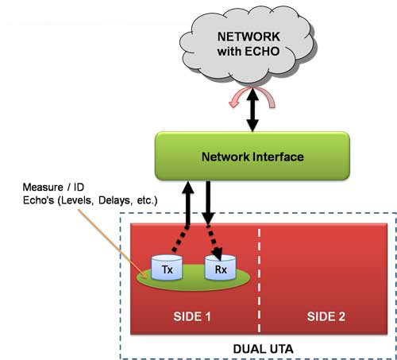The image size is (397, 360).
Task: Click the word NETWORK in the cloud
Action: [x=249, y=37]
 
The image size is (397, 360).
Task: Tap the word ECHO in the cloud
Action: [x=262, y=51]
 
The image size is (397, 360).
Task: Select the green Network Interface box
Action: [x=252, y=156]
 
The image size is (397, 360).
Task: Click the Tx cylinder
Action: [x=167, y=267]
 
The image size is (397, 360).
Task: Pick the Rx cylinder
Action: [x=221, y=267]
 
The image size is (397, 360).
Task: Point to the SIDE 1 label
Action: [x=192, y=316]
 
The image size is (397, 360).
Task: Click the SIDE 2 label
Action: [x=326, y=316]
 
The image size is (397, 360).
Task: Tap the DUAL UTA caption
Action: [x=263, y=349]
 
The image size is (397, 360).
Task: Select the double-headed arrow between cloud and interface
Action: [x=252, y=110]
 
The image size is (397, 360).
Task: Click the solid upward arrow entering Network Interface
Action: [x=188, y=203]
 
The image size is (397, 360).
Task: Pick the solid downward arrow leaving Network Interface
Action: [x=208, y=203]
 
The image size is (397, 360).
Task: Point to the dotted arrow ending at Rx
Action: [x=214, y=242]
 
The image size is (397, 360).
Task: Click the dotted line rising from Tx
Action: [x=180, y=238]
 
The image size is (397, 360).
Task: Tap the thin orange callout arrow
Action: [x=112, y=243]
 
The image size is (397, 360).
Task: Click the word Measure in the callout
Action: [x=43, y=188]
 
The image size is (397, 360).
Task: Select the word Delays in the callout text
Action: [x=115, y=200]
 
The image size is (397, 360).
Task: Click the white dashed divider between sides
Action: [x=259, y=281]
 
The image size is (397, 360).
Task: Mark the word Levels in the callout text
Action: [x=76, y=200]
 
